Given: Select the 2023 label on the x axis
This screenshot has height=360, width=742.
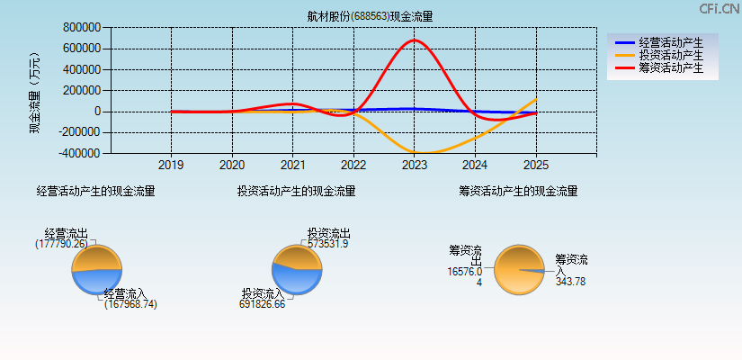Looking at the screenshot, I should (414, 166).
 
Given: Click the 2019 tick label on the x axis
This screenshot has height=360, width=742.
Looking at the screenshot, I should (171, 166).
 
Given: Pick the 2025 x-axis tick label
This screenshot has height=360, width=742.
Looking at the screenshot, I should (535, 166).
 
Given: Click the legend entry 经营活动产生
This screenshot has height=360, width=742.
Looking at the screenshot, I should (671, 42).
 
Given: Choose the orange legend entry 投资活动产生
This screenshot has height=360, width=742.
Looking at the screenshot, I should (671, 55).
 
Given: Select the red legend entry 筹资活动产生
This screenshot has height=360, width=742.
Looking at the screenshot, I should (671, 67).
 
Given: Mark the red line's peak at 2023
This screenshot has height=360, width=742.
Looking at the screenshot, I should (415, 40).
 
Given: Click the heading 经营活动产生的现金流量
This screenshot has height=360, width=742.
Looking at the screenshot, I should (95, 191).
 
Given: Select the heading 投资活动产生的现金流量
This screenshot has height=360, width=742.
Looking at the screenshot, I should (296, 191).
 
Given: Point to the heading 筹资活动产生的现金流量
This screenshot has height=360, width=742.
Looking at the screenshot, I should (518, 191).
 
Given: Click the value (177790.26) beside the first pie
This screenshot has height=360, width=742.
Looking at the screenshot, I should (62, 244).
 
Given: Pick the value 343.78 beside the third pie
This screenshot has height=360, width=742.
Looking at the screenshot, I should (570, 282).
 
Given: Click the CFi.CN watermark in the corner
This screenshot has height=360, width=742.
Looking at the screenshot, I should (720, 9).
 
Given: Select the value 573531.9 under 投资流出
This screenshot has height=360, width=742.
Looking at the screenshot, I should (328, 244).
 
